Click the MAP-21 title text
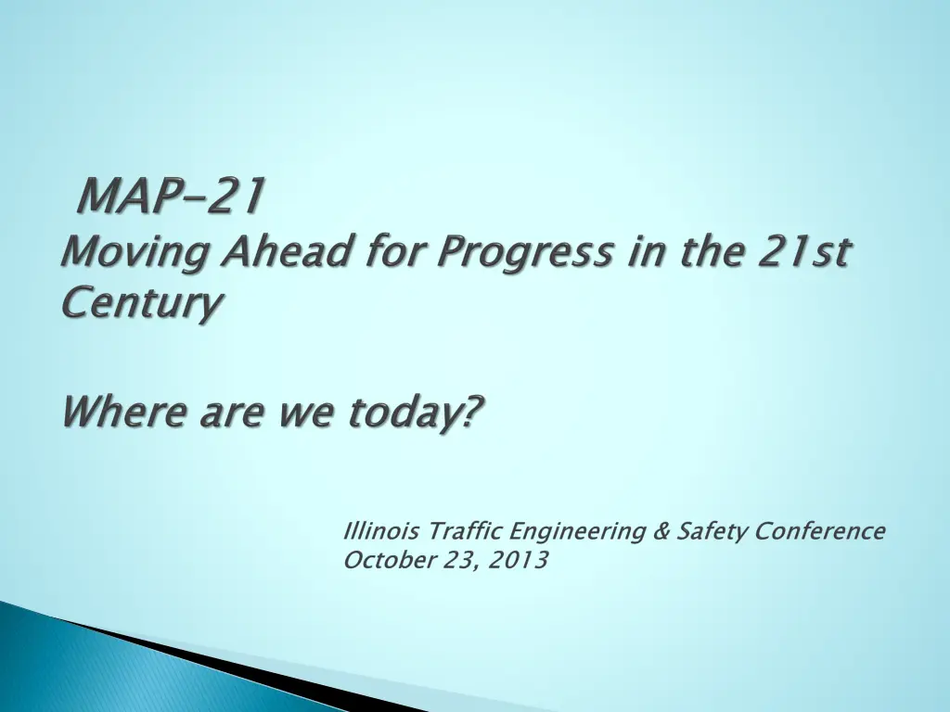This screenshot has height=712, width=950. pyautogui.click(x=173, y=197)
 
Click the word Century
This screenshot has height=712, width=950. pyautogui.click(x=142, y=303)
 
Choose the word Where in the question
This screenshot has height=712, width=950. pyautogui.click(x=123, y=412)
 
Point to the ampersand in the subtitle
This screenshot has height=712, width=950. pyautogui.click(x=661, y=531)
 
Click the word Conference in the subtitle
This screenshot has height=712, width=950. pyautogui.click(x=820, y=531)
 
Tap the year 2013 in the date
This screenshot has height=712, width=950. pyautogui.click(x=520, y=560)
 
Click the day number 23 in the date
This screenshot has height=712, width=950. pyautogui.click(x=456, y=560)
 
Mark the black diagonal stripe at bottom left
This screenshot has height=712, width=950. pyautogui.click(x=232, y=666)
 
